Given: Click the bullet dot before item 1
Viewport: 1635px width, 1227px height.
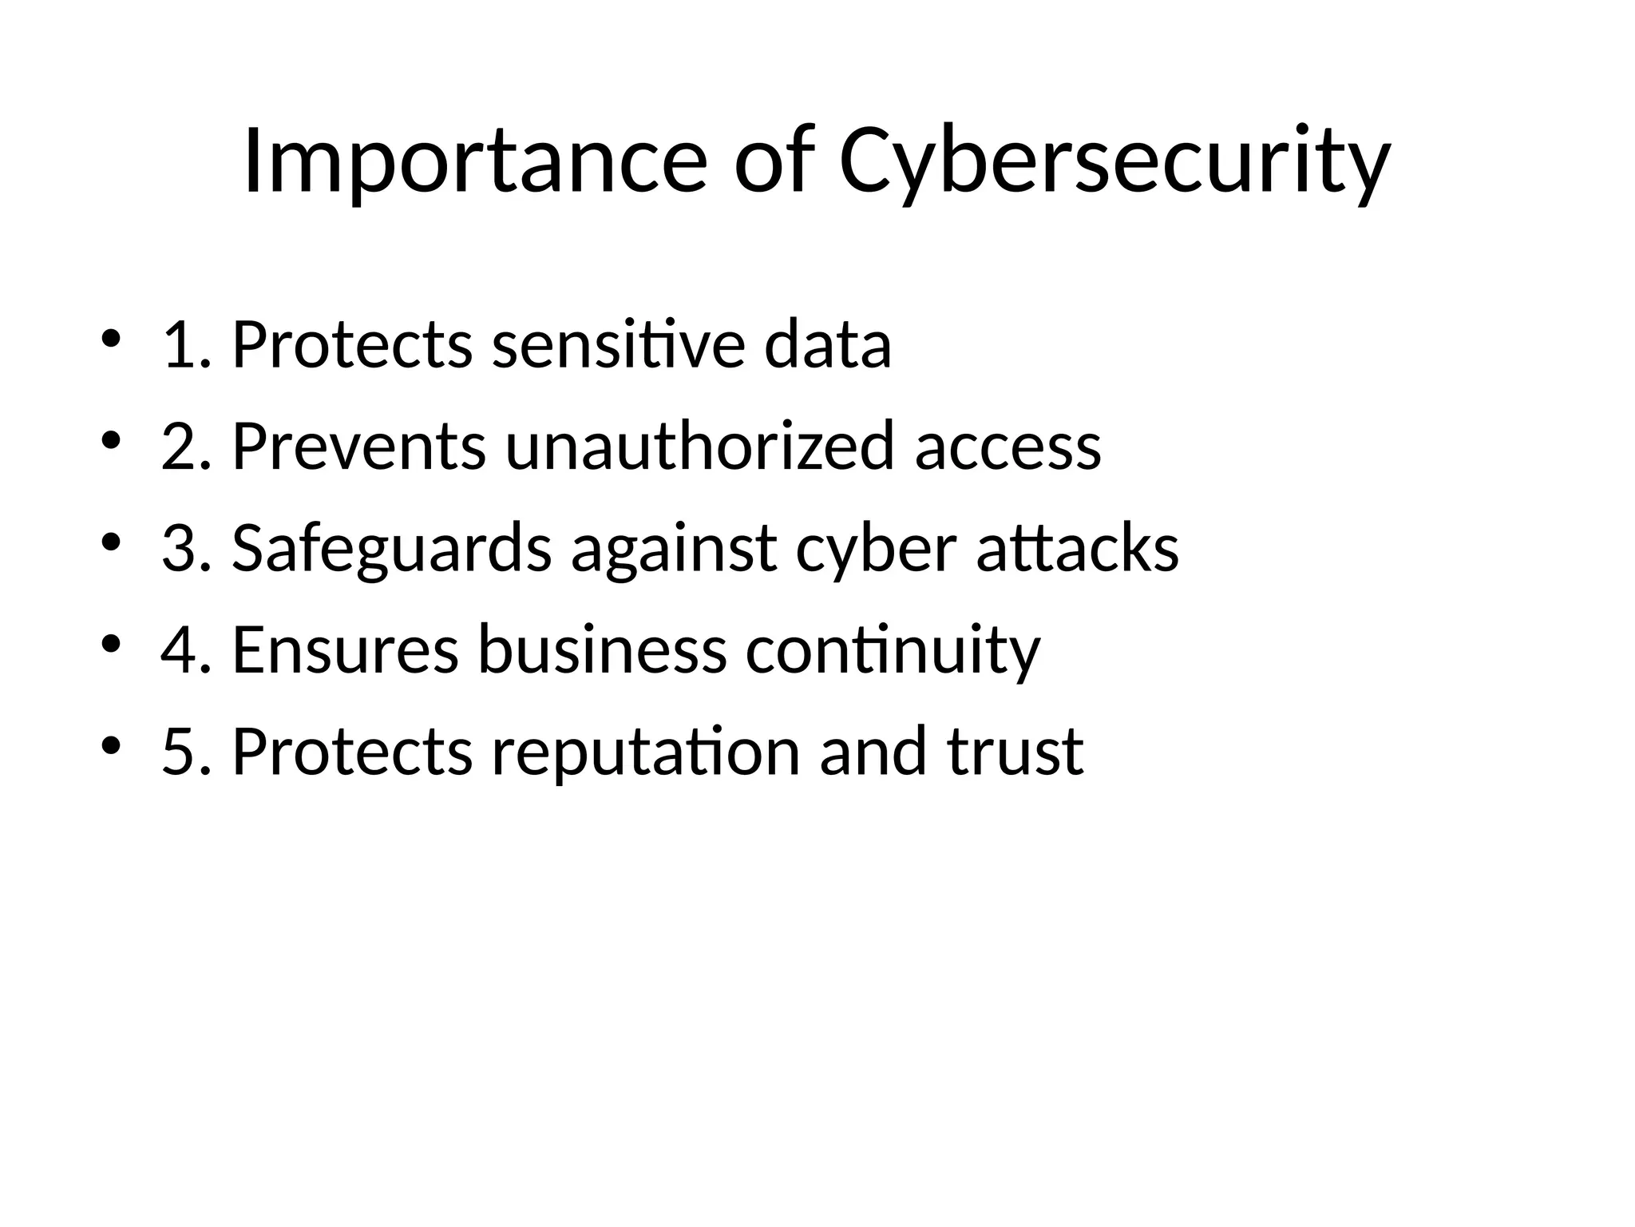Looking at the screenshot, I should tap(112, 339).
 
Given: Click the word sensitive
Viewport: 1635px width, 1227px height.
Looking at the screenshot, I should tap(618, 345).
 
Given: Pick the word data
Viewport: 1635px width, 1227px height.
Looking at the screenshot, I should tap(827, 345).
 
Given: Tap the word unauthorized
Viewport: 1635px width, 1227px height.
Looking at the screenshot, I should tap(699, 447).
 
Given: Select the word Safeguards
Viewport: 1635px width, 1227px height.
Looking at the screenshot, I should tap(391, 550).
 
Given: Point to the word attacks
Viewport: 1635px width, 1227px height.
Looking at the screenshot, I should tap(1078, 550).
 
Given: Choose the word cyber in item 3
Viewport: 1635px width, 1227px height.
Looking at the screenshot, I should tap(876, 550).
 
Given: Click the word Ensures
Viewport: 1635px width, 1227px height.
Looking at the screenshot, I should tap(345, 650).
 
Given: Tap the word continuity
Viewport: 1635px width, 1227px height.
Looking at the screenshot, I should tap(893, 652).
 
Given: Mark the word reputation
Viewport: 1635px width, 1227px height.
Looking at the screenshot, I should tap(645, 752).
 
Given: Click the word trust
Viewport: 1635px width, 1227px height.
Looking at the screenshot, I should tap(1015, 752).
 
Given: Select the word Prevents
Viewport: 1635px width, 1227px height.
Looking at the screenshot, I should tap(358, 447).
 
